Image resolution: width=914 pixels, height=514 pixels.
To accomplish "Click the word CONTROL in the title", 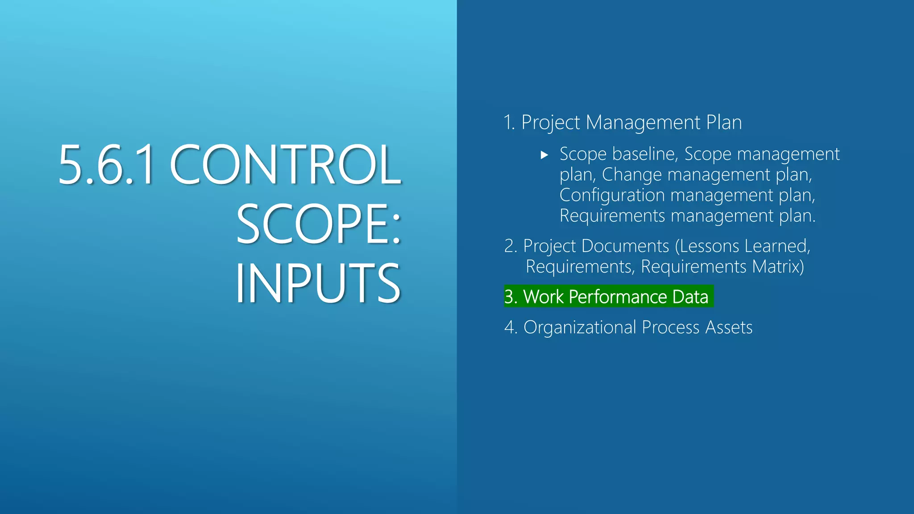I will (x=286, y=165).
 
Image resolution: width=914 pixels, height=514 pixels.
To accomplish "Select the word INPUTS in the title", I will (x=318, y=283).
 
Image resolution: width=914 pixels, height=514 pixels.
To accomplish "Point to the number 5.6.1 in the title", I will (x=106, y=165).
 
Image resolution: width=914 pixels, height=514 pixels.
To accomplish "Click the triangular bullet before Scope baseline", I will (x=544, y=155).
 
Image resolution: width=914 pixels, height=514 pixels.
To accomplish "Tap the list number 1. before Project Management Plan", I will (x=509, y=123).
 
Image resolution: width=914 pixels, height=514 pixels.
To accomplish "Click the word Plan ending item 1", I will (x=724, y=123).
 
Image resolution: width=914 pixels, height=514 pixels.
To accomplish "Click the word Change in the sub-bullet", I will (x=631, y=174).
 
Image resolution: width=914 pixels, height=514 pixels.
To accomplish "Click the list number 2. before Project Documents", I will (x=511, y=246).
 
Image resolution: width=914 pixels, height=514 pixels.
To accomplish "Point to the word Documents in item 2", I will (x=625, y=246).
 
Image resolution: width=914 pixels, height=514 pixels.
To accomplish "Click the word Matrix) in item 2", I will (x=778, y=267).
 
